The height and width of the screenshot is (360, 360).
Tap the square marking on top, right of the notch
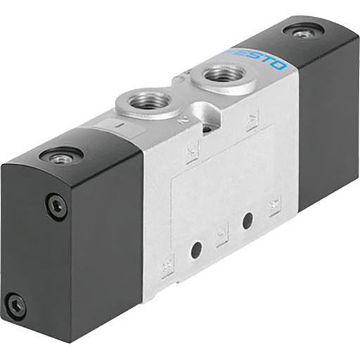(x=251, y=124)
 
